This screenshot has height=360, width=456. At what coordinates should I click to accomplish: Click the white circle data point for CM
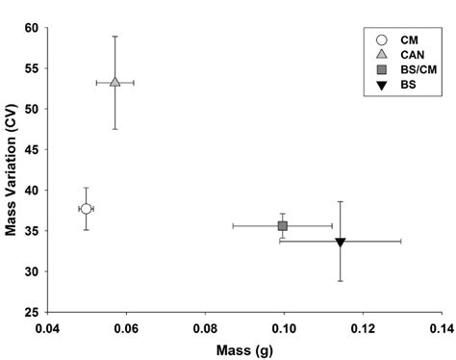pos(87,209)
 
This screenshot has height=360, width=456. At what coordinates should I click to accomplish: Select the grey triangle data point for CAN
pos(114,82)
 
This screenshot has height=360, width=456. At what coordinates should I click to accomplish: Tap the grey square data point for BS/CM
pos(283,225)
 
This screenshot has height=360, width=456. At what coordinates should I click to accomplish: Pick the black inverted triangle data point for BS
pos(341,242)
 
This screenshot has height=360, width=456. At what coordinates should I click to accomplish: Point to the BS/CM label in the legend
pos(416,70)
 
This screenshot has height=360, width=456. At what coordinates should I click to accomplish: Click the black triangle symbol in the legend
pos(382,86)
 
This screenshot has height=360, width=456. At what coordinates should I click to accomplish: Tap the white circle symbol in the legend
pos(382,39)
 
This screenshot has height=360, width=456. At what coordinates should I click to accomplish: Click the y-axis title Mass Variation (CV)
pos(14,168)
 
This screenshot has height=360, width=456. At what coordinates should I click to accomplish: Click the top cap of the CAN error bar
pos(114,37)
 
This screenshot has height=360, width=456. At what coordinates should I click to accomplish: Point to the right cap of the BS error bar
pos(400,241)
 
